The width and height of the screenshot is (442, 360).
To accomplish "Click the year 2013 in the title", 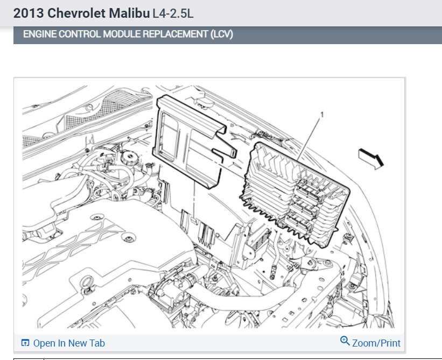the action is (x=29, y=13).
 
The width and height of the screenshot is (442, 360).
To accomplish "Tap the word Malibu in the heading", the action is (x=129, y=13).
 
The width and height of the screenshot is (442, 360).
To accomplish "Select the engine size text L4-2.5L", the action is (x=173, y=13).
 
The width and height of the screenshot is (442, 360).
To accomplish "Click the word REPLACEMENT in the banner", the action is (x=176, y=34).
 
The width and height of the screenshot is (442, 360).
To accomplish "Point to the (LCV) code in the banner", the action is (x=222, y=34).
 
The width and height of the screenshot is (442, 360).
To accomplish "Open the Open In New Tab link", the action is (x=69, y=343).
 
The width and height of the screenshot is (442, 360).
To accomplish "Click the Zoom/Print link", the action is (x=376, y=343).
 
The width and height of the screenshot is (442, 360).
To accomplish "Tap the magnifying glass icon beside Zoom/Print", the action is (x=345, y=341).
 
